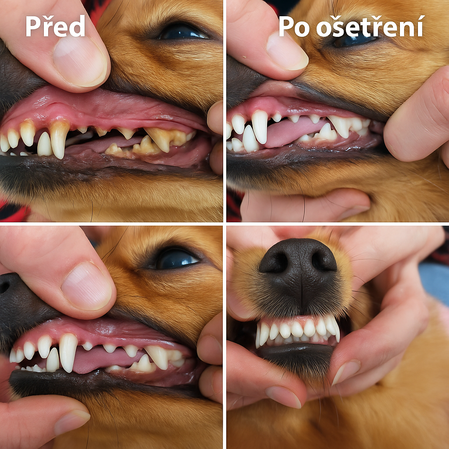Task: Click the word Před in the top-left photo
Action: pos(55,26)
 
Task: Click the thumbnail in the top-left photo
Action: pos(80,61)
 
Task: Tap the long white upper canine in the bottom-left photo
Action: pos(68,352)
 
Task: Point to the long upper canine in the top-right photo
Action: pos(260,126)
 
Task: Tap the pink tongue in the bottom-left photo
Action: pos(107,360)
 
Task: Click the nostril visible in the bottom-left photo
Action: pos(4,286)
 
